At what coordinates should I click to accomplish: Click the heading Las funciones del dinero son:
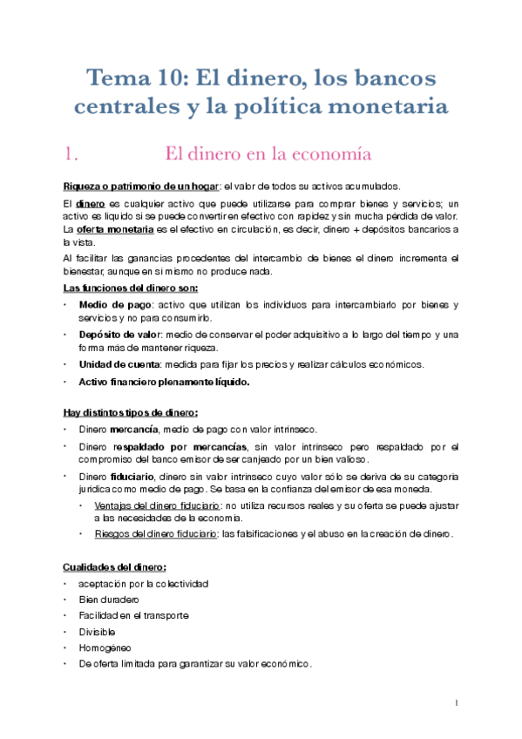click(131, 288)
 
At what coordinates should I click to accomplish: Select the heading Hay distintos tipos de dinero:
click(131, 412)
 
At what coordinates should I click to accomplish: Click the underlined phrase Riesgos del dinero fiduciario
click(154, 533)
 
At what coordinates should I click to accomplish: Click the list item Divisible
click(96, 631)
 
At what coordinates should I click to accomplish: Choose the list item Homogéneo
click(103, 647)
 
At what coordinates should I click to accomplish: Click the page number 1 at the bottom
click(457, 702)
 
